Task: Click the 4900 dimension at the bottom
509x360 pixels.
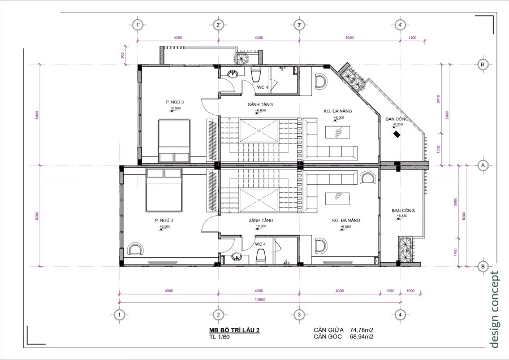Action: (x=169, y=290)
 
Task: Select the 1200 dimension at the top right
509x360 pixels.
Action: (x=412, y=38)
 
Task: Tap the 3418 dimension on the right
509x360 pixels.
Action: (x=438, y=100)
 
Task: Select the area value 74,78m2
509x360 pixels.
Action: (x=365, y=329)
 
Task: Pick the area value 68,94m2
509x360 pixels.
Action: (x=365, y=337)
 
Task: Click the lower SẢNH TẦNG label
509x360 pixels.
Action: (x=260, y=220)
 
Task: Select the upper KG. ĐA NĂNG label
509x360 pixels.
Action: (x=338, y=111)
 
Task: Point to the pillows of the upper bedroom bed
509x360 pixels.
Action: (x=174, y=157)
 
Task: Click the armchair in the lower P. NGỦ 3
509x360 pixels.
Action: (x=136, y=249)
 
